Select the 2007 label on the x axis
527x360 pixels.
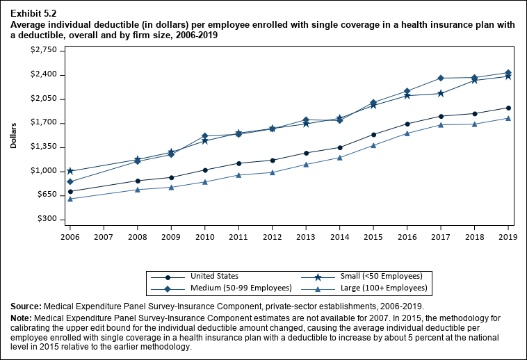[104, 237]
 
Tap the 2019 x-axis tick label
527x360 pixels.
[508, 237]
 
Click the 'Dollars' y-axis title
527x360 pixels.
[14, 135]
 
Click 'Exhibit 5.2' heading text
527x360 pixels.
[33, 13]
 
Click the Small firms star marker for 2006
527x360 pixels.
[70, 171]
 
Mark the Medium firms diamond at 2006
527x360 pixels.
[70, 182]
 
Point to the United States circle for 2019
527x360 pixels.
[508, 108]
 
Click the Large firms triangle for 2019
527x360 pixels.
[508, 118]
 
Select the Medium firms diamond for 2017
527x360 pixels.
[441, 78]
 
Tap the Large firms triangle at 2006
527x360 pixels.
[70, 199]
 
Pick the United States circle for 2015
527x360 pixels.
[373, 135]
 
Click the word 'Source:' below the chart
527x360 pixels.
[26, 306]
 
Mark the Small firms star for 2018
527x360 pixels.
[474, 81]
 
